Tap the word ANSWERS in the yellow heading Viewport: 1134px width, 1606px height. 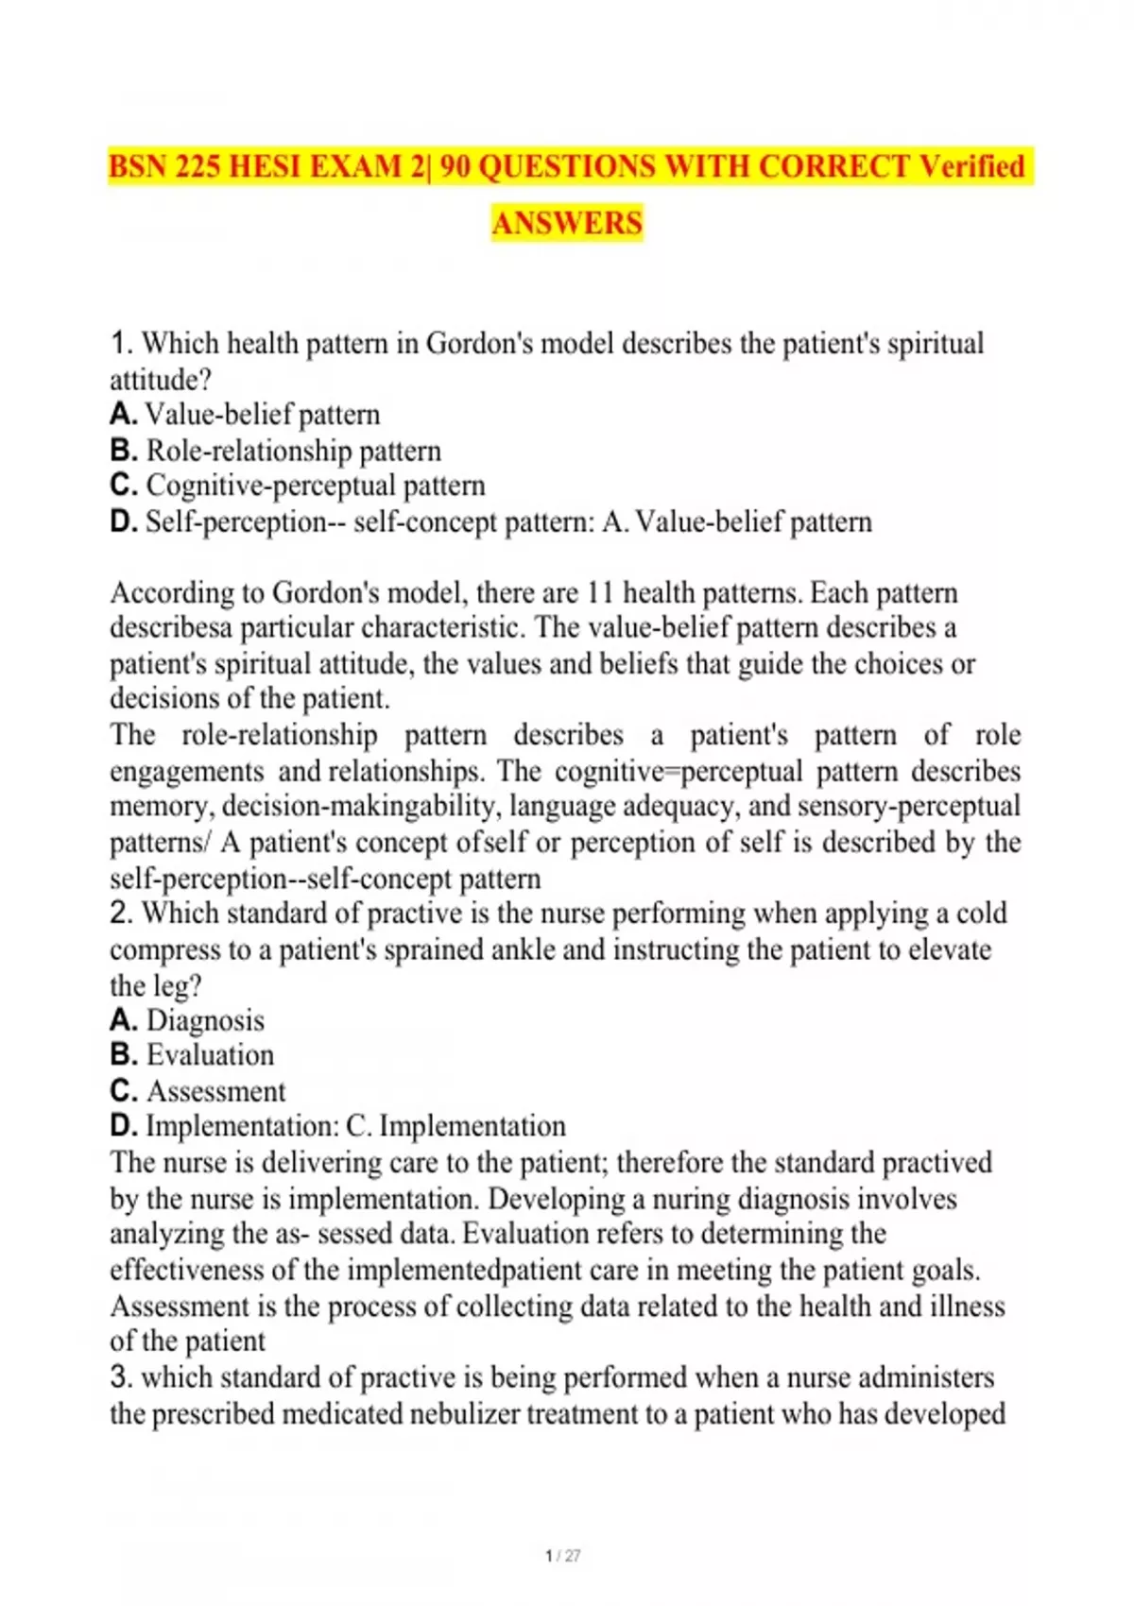point(567,224)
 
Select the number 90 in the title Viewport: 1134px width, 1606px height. point(456,167)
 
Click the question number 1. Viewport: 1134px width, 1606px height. point(120,343)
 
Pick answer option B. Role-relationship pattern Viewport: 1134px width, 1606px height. point(276,451)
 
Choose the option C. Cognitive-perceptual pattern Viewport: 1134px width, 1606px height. point(298,486)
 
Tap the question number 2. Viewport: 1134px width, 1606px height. point(120,914)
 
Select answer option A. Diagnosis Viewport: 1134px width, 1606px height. point(187,1020)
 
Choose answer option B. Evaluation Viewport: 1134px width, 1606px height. point(192,1055)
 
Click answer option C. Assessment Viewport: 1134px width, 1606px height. point(198,1091)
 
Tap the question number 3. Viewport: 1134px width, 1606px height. point(120,1377)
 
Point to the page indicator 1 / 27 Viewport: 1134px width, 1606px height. point(563,1555)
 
